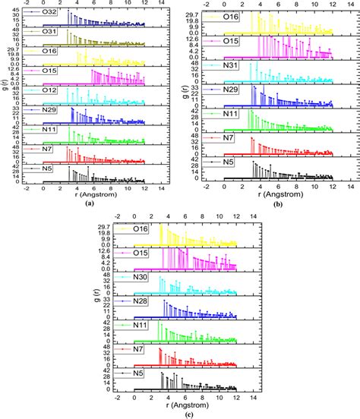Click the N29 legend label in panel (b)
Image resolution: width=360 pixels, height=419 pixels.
pos(232,90)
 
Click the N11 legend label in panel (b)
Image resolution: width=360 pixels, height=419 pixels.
pos(232,113)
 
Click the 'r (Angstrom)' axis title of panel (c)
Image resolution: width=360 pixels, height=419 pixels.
pos(185,403)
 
